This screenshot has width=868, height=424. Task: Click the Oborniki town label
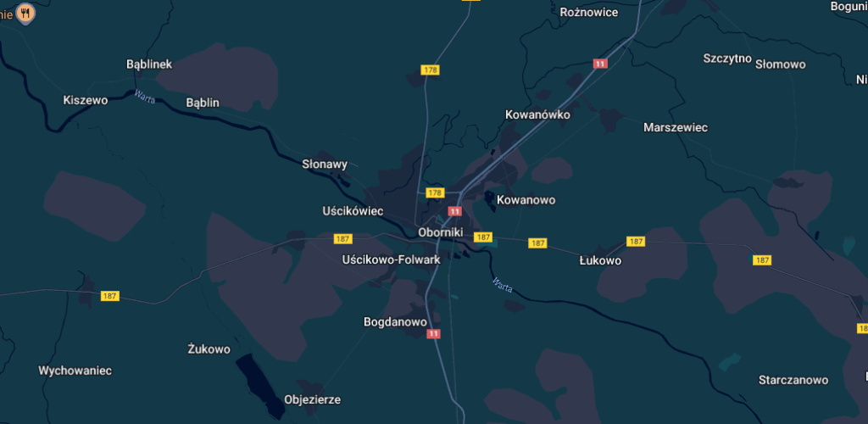point(440,232)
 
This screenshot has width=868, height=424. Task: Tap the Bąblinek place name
point(148,64)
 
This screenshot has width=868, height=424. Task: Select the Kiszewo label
point(86,100)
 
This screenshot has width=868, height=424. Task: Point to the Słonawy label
point(325,165)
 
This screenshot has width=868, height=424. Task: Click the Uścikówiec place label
point(353,210)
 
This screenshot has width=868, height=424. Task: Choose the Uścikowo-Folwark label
point(391,259)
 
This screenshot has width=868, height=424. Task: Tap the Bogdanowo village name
point(395,322)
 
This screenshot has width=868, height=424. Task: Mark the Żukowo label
point(209,349)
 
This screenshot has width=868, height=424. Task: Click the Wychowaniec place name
point(75,371)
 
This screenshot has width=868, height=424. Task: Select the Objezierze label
point(312,399)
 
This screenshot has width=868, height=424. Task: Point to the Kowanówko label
point(537,114)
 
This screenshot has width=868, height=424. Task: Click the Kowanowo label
point(526,200)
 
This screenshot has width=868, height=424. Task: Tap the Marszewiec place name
point(676,127)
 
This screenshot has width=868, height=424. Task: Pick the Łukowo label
point(600,260)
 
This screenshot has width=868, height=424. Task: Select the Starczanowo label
point(793,380)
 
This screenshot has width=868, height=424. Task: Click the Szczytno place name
point(727,59)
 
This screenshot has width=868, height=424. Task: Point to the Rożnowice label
point(589,12)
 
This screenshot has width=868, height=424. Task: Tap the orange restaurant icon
point(26,13)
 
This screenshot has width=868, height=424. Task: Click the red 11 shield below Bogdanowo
point(435,334)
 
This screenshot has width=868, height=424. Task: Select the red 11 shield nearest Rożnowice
point(600,64)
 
